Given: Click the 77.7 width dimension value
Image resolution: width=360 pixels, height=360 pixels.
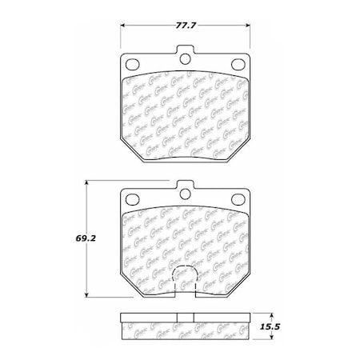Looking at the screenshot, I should coord(183,16).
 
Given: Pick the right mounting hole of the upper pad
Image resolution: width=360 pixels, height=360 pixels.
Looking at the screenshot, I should coord(237,65).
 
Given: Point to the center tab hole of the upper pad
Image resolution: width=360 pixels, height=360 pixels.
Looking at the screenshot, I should coord(185,57).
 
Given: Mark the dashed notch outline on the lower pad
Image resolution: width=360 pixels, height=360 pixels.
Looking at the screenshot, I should coord(185,280).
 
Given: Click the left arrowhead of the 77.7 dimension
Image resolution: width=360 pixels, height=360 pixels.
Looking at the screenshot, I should coord(122,25).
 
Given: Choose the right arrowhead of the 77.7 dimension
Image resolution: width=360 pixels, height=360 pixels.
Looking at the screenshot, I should coord(246,25).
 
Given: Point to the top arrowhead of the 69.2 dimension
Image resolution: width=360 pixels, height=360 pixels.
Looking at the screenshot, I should coord(87,183).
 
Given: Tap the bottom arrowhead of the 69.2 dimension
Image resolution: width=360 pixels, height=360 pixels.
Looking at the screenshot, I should coord(87,296).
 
